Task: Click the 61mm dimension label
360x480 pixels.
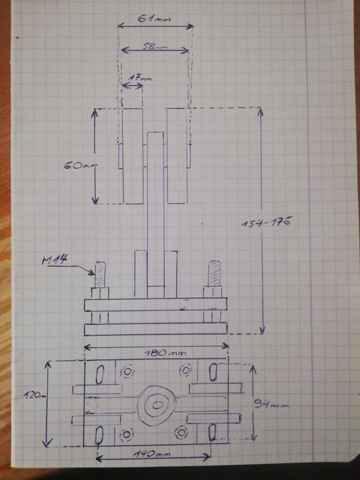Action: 154,20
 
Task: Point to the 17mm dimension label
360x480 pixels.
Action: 139,79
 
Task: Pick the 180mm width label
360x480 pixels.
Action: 158,354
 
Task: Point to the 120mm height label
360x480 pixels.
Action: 32,396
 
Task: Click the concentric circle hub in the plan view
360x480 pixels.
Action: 157,405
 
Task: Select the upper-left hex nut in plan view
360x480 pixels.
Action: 127,371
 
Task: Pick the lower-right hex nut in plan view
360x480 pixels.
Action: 182,432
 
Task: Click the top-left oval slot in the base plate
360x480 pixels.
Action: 100,374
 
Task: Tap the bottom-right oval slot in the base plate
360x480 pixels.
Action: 213,432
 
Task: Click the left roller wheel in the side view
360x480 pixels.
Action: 132,156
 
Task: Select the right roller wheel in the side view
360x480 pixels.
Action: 178,156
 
